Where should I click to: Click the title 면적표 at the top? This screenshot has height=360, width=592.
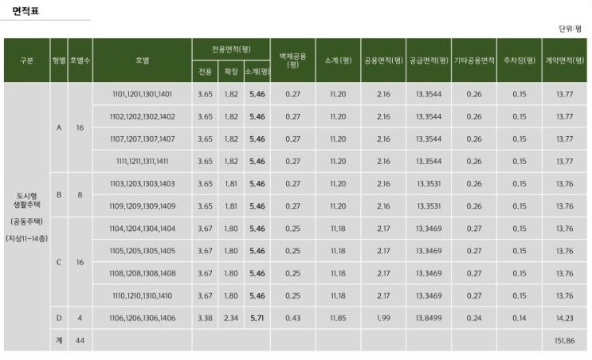point(25,11)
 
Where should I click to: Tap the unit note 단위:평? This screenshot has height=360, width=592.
point(570,29)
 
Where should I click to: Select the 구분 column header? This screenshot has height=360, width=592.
point(26,61)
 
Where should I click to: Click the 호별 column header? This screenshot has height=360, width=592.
point(142,61)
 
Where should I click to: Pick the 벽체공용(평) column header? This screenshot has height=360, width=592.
point(292,61)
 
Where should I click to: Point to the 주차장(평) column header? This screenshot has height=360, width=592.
point(519,61)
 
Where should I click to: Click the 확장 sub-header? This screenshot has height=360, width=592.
point(231,72)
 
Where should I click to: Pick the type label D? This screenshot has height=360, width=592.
point(58,318)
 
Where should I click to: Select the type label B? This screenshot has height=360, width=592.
point(58,194)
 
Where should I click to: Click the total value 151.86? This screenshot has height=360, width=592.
point(564,340)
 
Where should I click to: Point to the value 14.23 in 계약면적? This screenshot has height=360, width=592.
point(564,318)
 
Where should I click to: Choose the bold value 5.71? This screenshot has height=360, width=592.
point(257,318)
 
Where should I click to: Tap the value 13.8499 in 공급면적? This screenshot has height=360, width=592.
point(429,318)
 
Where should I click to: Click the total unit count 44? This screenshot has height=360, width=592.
point(80,340)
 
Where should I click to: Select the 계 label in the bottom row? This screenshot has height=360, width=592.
point(58,340)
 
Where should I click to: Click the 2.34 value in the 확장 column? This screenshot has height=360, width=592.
point(231,318)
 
